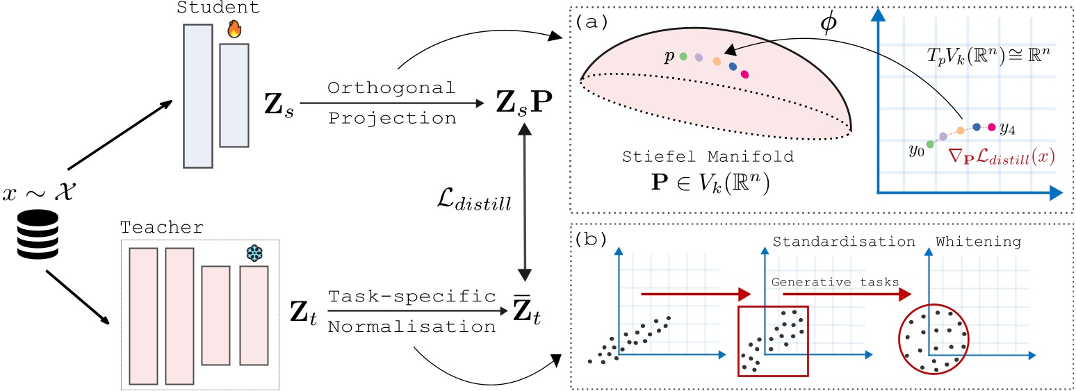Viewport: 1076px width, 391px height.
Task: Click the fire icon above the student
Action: pyautogui.click(x=233, y=31)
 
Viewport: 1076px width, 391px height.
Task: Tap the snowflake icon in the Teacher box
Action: pyautogui.click(x=255, y=253)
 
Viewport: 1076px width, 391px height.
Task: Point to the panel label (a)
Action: pyautogui.click(x=590, y=22)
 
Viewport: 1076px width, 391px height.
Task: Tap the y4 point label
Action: pyautogui.click(x=1007, y=128)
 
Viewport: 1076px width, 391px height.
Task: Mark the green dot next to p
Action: pyautogui.click(x=683, y=56)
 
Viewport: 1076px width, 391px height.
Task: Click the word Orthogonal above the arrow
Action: pyautogui.click(x=392, y=89)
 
